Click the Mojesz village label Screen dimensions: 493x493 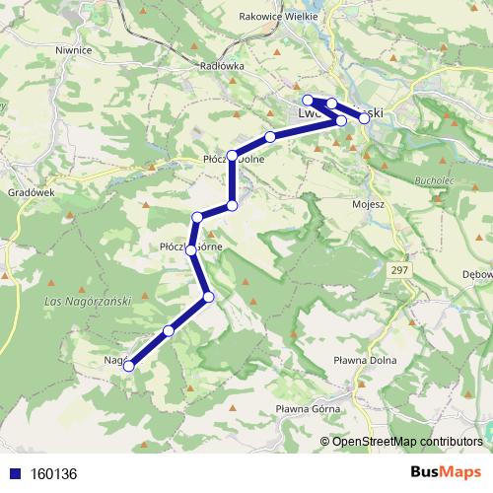pyautogui.click(x=368, y=204)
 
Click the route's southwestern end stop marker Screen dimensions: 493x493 pyautogui.click(x=128, y=368)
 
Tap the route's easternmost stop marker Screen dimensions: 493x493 pyautogui.click(x=364, y=118)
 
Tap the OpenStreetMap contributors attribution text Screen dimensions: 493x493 pyautogui.click(x=407, y=441)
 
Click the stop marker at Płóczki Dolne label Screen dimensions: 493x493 pyautogui.click(x=233, y=156)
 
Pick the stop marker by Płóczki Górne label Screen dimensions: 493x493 pyautogui.click(x=190, y=250)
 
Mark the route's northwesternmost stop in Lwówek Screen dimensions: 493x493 pyautogui.click(x=308, y=100)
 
